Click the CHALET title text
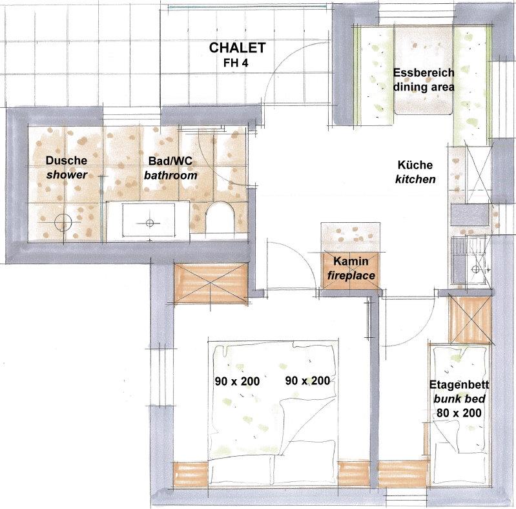[x=237, y=48]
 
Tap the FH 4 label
[x=236, y=63]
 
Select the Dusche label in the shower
[x=67, y=160]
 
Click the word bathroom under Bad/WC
[x=170, y=175]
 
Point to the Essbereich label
[x=424, y=73]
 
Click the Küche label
[x=415, y=165]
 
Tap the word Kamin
[x=351, y=261]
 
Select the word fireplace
[x=351, y=275]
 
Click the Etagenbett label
[x=459, y=384]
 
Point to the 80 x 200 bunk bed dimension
[x=459, y=413]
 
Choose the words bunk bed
[x=459, y=399]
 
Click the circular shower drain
[x=63, y=223]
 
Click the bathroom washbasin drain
[x=150, y=223]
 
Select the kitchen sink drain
[x=475, y=269]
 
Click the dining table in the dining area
[x=423, y=70]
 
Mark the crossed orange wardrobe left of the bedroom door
[x=211, y=284]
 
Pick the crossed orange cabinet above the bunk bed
[x=471, y=320]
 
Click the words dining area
[x=424, y=87]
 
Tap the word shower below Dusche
[x=67, y=174]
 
